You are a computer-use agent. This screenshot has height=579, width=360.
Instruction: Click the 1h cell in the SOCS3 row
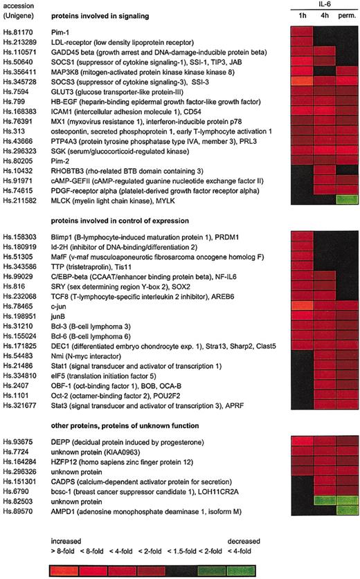(300, 81)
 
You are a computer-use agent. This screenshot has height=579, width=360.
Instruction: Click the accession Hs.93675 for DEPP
(19, 440)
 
